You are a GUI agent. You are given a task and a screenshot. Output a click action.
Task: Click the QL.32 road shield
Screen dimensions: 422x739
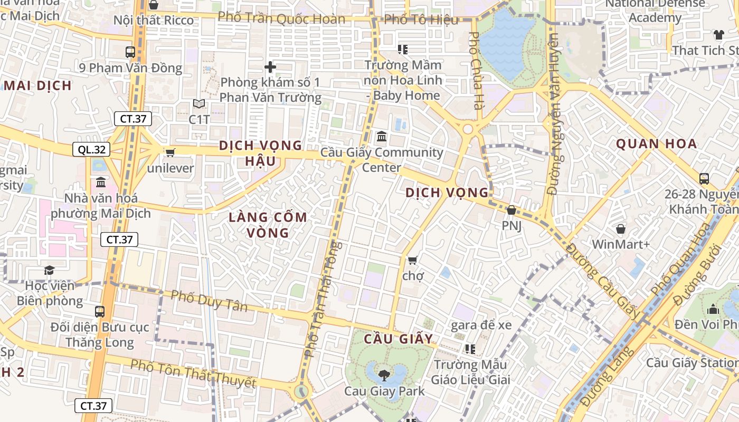click(91, 150)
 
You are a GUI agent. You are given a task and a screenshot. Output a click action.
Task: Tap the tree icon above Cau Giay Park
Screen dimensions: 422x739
click(384, 376)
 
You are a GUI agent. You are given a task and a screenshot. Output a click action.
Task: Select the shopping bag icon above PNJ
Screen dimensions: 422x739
click(511, 210)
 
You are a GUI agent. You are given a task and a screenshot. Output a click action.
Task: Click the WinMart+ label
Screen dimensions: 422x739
click(620, 244)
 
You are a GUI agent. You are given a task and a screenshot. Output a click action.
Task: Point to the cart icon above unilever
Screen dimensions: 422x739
click(170, 152)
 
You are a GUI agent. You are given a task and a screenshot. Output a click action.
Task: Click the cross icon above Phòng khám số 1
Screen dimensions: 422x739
click(270, 67)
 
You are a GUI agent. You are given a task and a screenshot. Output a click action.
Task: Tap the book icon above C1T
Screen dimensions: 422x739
click(199, 104)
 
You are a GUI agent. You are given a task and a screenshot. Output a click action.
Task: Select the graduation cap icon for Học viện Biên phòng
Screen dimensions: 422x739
click(49, 270)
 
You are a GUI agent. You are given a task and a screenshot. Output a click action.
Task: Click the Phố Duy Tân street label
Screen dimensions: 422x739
click(209, 301)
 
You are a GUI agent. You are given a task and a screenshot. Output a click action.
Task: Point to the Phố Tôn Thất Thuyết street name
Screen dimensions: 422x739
click(193, 373)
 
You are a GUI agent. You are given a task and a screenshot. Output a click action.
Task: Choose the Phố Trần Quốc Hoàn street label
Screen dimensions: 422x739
click(281, 18)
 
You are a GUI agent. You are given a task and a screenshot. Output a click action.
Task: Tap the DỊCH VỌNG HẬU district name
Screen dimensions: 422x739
click(261, 153)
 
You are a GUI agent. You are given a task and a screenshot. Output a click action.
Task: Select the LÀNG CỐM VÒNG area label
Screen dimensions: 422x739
click(268, 225)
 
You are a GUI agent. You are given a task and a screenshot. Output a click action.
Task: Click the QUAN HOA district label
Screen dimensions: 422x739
click(656, 143)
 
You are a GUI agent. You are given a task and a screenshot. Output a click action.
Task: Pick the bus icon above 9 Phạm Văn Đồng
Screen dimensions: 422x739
click(130, 52)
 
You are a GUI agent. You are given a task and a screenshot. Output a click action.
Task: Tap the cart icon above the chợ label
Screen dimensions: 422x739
click(412, 260)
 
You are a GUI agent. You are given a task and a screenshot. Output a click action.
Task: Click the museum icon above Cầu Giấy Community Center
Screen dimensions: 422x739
click(382, 137)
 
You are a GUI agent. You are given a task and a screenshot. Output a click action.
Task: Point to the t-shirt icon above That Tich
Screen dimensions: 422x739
click(718, 35)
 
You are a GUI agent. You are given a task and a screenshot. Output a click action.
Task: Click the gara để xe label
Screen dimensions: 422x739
click(481, 325)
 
